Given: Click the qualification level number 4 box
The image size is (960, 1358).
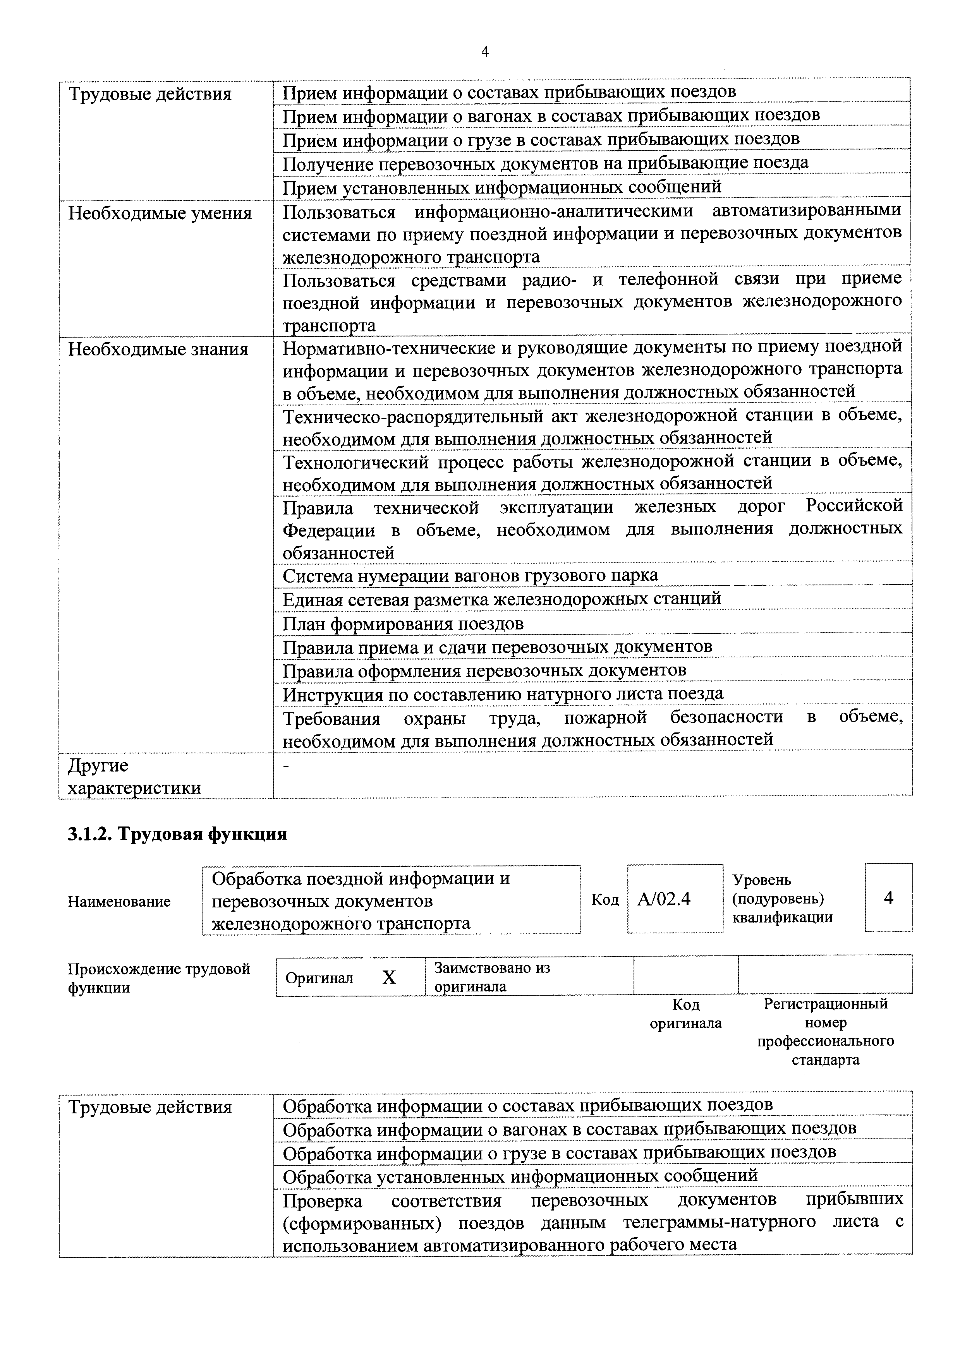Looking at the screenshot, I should tap(888, 898).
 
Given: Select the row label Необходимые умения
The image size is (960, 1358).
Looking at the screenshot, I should tap(160, 213).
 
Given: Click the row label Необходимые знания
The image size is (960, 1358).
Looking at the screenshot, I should tap(158, 350).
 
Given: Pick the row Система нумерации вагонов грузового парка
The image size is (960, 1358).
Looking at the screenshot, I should tap(470, 576).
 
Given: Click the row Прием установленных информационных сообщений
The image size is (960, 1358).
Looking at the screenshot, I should tap(501, 187).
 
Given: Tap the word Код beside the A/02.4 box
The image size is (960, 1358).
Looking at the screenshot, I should tap(605, 900).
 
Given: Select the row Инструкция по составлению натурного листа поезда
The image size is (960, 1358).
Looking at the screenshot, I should tap(503, 693).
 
